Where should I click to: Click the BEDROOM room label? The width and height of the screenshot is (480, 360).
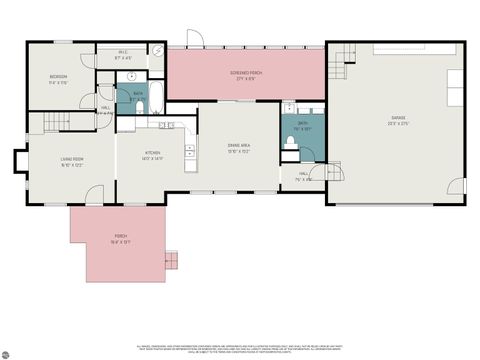tap(58, 79)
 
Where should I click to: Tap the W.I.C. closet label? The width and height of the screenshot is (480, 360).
tap(124, 57)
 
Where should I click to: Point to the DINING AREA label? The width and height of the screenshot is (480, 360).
tap(239, 148)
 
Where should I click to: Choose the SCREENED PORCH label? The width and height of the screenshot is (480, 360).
tap(246, 75)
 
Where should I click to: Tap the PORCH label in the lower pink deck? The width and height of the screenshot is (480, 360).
tap(117, 238)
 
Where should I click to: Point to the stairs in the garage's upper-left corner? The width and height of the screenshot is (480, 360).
tap(340, 68)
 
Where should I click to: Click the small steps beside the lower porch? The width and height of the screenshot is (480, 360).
tap(173, 260)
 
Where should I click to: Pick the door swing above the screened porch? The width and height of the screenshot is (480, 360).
tap(197, 38)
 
